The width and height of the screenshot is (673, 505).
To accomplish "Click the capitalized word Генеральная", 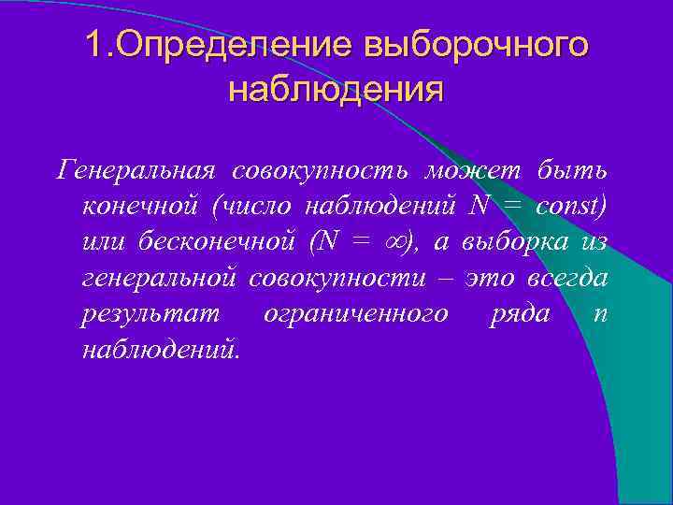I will coord(137,171).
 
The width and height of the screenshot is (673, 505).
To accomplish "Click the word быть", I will coord(572,171).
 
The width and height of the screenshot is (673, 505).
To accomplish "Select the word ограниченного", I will coord(355,313).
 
